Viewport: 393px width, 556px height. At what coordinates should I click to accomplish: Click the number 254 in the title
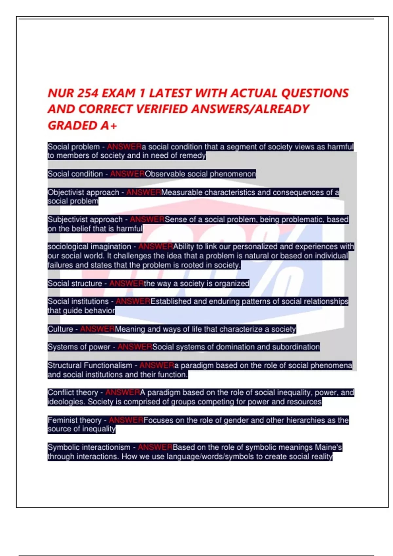coord(87,93)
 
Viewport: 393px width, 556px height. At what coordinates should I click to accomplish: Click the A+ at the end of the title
coord(109,125)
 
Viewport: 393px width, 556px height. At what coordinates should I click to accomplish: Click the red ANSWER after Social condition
coord(127,174)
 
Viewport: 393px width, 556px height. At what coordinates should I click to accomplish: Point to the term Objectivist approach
coord(83,192)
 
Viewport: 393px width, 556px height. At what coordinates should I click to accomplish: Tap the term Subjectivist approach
coord(85,219)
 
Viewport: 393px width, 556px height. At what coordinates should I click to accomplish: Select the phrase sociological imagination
coord(89,247)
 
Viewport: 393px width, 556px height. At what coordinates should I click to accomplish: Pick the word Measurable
coord(182,192)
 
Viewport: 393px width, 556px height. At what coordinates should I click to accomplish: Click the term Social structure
coord(75,284)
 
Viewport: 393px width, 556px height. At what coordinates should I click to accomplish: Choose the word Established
coord(171,301)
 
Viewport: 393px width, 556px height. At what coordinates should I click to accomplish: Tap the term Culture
coord(60,329)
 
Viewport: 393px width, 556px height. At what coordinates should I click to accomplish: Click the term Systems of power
coord(79,347)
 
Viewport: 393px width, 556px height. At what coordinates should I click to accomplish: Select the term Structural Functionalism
coord(90,365)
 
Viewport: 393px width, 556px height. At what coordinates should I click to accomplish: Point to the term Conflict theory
coord(73,392)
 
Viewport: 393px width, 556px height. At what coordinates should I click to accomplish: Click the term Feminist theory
coord(74,420)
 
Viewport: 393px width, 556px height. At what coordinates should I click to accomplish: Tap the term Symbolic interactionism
coord(89,447)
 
